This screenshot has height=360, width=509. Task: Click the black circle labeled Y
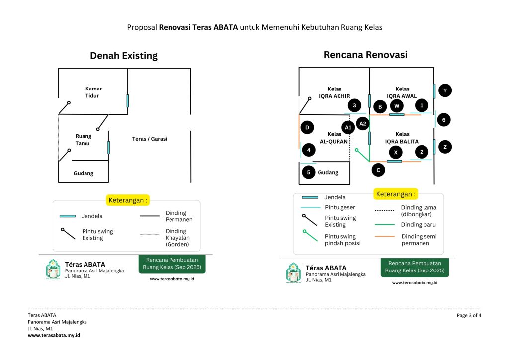pyautogui.click(x=445, y=90)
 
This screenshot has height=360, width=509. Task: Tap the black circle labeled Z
pyautogui.click(x=445, y=147)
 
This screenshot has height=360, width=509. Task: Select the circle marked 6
pyautogui.click(x=444, y=120)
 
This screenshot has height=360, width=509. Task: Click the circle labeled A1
pyautogui.click(x=348, y=128)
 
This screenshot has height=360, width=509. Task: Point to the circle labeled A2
pyautogui.click(x=362, y=123)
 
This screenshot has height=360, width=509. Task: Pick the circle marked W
pyautogui.click(x=396, y=105)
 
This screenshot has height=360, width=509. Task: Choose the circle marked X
pyautogui.click(x=395, y=152)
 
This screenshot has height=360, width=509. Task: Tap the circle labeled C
pyautogui.click(x=378, y=170)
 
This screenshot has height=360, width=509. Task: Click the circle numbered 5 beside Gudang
pyautogui.click(x=308, y=172)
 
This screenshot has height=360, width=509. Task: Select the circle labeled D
pyautogui.click(x=307, y=128)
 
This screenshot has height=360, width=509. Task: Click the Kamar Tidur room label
pyautogui.click(x=93, y=92)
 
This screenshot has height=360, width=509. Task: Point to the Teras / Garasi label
pyautogui.click(x=150, y=139)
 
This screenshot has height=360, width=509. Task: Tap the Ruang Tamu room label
pyautogui.click(x=84, y=140)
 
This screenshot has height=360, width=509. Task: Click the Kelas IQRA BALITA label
pyautogui.click(x=402, y=138)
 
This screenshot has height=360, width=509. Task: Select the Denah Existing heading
pyautogui.click(x=123, y=56)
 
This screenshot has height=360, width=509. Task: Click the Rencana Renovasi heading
pyautogui.click(x=365, y=55)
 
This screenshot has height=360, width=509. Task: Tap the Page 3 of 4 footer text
pyautogui.click(x=469, y=315)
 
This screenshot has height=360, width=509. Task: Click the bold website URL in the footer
pyautogui.click(x=54, y=335)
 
